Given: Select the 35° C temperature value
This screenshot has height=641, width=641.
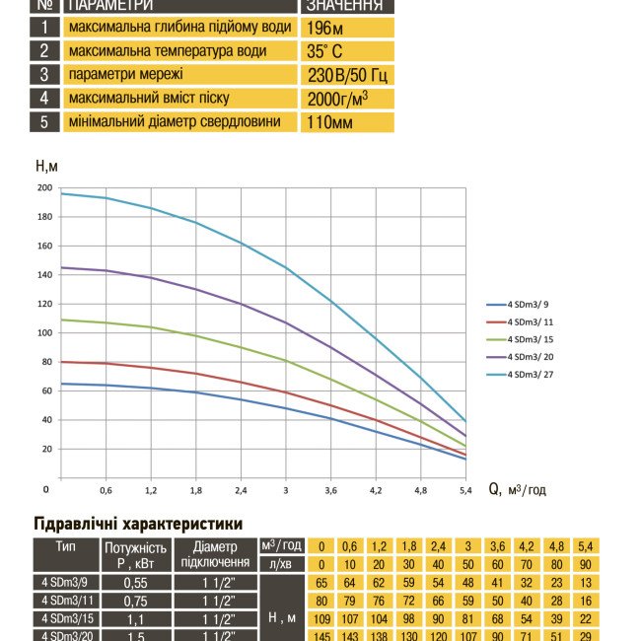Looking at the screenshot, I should coord(324,51).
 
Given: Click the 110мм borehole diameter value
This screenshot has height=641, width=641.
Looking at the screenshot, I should coord(328,122).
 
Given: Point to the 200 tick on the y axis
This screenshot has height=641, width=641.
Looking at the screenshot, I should coord(44,187).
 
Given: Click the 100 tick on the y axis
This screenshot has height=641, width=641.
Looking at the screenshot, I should coord(44,333).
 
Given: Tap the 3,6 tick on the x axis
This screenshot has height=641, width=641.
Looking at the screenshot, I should coord(331,489).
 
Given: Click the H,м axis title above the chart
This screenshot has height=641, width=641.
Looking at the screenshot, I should coord(46,167).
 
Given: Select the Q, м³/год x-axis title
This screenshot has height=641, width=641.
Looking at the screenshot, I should coord(517,489).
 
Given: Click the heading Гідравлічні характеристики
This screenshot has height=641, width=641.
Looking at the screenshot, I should coord(138,524).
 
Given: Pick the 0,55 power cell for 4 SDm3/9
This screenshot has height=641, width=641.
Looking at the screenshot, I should coord(135,583).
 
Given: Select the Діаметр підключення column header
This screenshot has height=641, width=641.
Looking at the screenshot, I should coord(215,554).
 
